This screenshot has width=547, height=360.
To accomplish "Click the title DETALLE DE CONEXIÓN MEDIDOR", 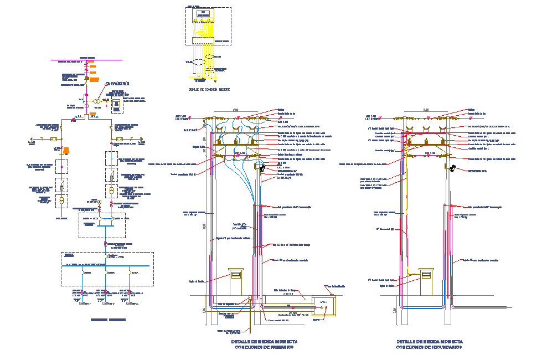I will pyautogui.click(x=209, y=89).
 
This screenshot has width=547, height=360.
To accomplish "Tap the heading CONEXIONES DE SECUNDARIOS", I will pyautogui.click(x=429, y=347).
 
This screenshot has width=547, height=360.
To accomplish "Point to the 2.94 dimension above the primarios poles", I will pyautogui.click(x=235, y=110).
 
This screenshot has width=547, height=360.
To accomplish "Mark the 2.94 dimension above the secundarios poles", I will pyautogui.click(x=426, y=110).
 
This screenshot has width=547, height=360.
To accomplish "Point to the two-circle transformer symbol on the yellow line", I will pyautogui.click(x=96, y=101).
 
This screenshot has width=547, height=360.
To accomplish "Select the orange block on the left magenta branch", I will pyautogui.click(x=66, y=150).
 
